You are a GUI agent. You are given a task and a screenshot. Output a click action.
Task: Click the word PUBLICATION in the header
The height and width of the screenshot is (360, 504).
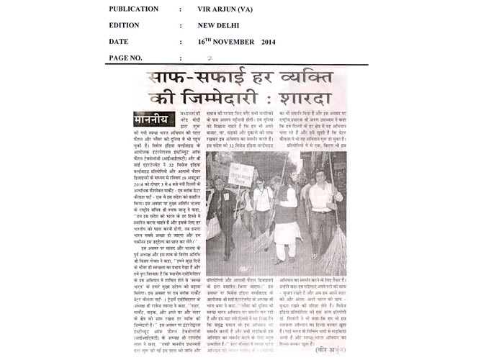(134, 9)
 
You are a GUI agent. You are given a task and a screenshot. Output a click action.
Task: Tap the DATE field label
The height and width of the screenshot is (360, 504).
(120, 41)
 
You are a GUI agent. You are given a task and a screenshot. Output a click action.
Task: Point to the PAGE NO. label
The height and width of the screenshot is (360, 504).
(126, 57)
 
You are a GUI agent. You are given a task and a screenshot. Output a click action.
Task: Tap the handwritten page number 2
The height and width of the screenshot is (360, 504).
(210, 58)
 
